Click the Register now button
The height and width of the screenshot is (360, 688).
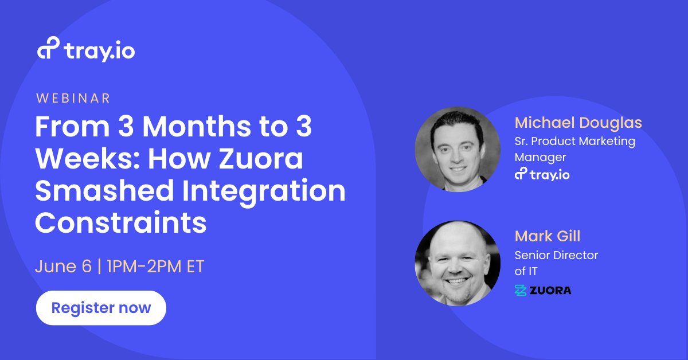click(x=101, y=308)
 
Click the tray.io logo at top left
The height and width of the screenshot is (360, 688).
click(x=87, y=50)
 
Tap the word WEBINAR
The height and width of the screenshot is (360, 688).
click(x=73, y=98)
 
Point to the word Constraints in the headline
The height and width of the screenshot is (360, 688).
click(x=120, y=223)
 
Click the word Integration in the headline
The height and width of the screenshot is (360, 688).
click(x=261, y=191)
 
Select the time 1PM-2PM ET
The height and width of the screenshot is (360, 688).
click(x=154, y=267)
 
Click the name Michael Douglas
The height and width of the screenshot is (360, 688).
click(x=578, y=123)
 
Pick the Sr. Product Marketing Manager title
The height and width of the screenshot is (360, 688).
click(x=574, y=148)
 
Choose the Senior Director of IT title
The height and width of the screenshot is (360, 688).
click(x=556, y=263)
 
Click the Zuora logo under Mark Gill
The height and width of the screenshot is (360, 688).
click(x=542, y=290)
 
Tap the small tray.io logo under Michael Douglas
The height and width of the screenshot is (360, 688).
click(x=542, y=174)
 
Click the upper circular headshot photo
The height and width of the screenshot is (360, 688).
click(x=458, y=149)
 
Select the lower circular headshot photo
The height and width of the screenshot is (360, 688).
click(x=458, y=263)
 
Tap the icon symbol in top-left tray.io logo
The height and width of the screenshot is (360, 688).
click(x=48, y=50)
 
